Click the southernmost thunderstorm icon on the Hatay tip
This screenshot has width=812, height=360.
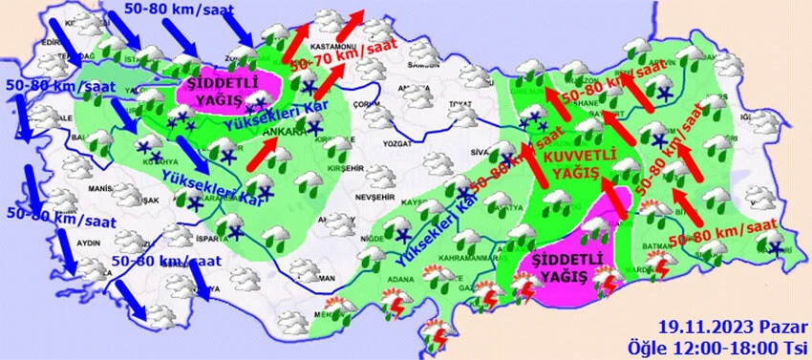pyautogui.click(x=438, y=331)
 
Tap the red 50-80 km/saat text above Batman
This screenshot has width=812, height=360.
pyautogui.click(x=723, y=233)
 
